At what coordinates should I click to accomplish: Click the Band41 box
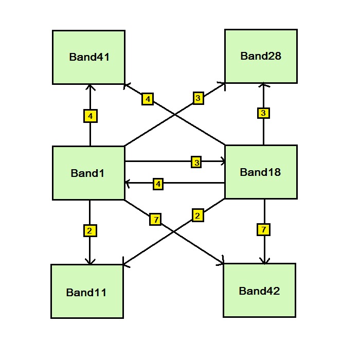(x=88, y=57)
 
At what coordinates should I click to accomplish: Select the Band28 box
(x=261, y=56)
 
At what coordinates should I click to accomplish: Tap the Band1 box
(x=88, y=173)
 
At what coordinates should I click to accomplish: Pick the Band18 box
(x=261, y=172)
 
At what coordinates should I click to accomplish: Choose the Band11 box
(x=87, y=291)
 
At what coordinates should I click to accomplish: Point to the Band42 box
(x=259, y=290)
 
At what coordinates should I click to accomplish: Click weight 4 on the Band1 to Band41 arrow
(x=90, y=116)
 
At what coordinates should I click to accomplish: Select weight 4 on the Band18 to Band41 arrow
(x=148, y=99)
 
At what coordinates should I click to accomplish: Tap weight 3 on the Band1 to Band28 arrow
(x=199, y=97)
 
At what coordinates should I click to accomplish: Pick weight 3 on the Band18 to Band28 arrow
(x=263, y=113)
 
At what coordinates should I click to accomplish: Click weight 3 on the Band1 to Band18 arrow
(x=196, y=162)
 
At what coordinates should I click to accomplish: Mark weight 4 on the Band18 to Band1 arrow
(x=158, y=184)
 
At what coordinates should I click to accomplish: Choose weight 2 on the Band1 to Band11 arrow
(x=90, y=231)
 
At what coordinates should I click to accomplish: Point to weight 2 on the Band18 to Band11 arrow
(x=197, y=215)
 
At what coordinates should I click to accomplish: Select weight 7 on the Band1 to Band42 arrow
(x=156, y=220)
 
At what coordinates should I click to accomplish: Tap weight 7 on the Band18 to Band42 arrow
(x=263, y=230)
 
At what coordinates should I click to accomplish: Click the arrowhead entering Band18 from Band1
(x=222, y=161)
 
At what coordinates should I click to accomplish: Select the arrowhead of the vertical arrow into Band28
(x=263, y=86)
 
